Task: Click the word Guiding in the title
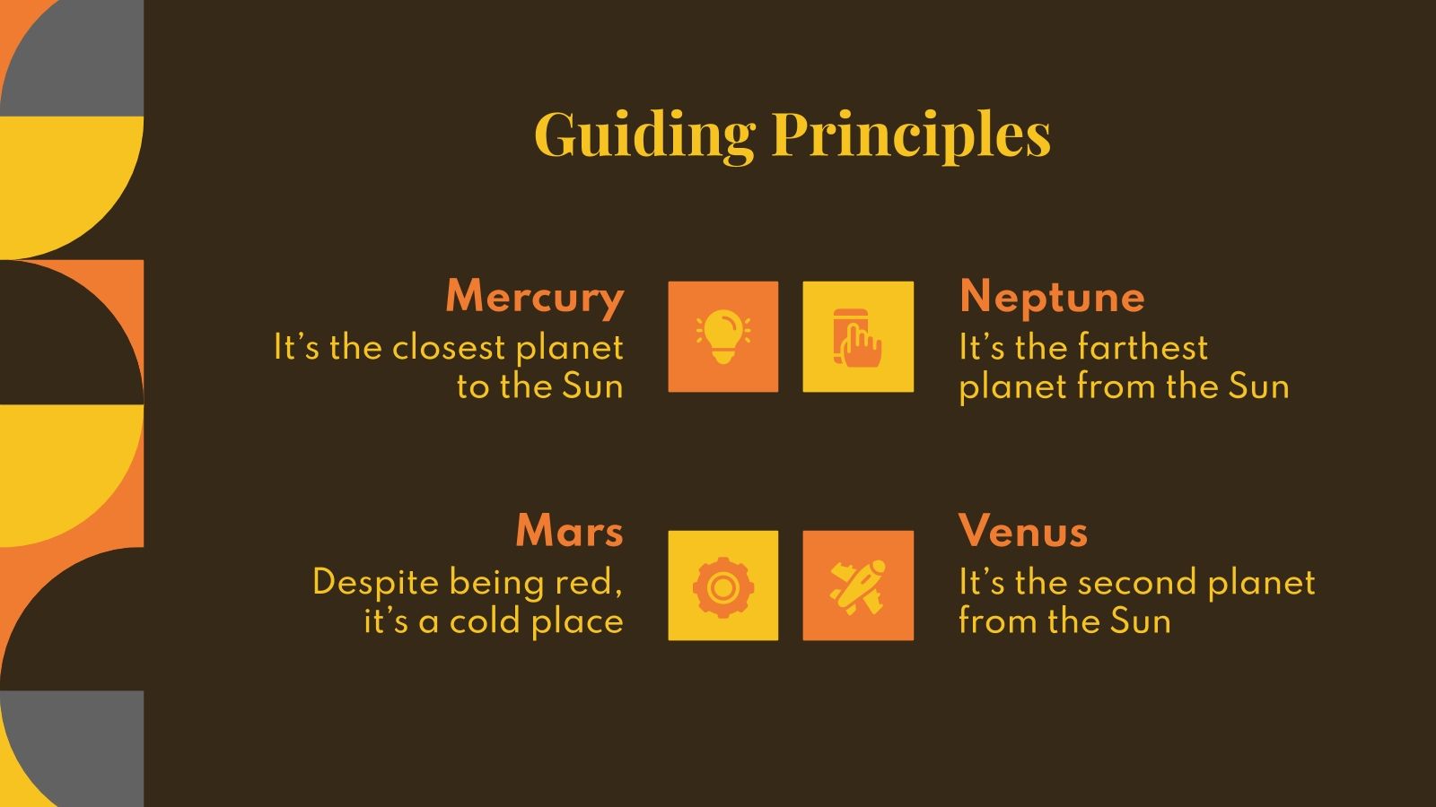[645, 135]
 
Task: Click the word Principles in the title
[911, 135]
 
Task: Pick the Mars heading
[569, 531]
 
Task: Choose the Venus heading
[1023, 531]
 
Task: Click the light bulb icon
[723, 337]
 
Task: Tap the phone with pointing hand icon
[858, 337]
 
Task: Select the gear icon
[723, 587]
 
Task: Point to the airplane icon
[858, 587]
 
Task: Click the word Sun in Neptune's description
[1257, 386]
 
